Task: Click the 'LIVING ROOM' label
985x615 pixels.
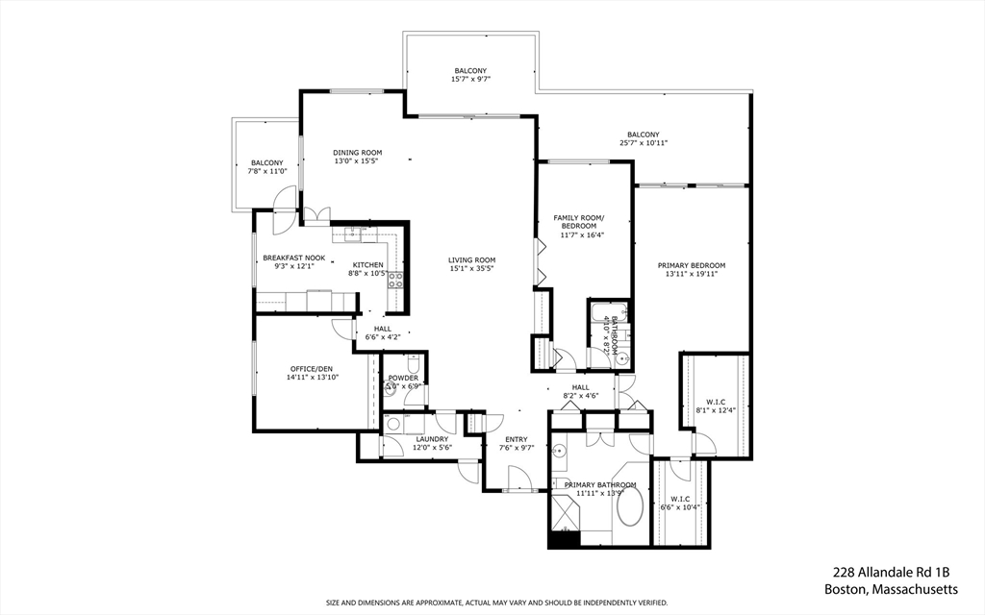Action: (471, 259)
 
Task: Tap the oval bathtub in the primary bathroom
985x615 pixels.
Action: (631, 506)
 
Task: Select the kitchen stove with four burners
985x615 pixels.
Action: (394, 280)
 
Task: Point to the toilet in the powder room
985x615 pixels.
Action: (411, 365)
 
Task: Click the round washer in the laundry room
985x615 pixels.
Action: (392, 424)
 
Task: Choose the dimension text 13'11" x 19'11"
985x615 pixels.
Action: (691, 274)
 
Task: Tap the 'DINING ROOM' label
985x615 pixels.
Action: (358, 153)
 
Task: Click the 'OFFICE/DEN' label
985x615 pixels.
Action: (311, 369)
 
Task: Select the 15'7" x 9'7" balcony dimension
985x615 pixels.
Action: (470, 80)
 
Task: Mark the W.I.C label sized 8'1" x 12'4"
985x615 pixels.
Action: (715, 406)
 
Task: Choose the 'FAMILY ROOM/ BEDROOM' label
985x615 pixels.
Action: (579, 222)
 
